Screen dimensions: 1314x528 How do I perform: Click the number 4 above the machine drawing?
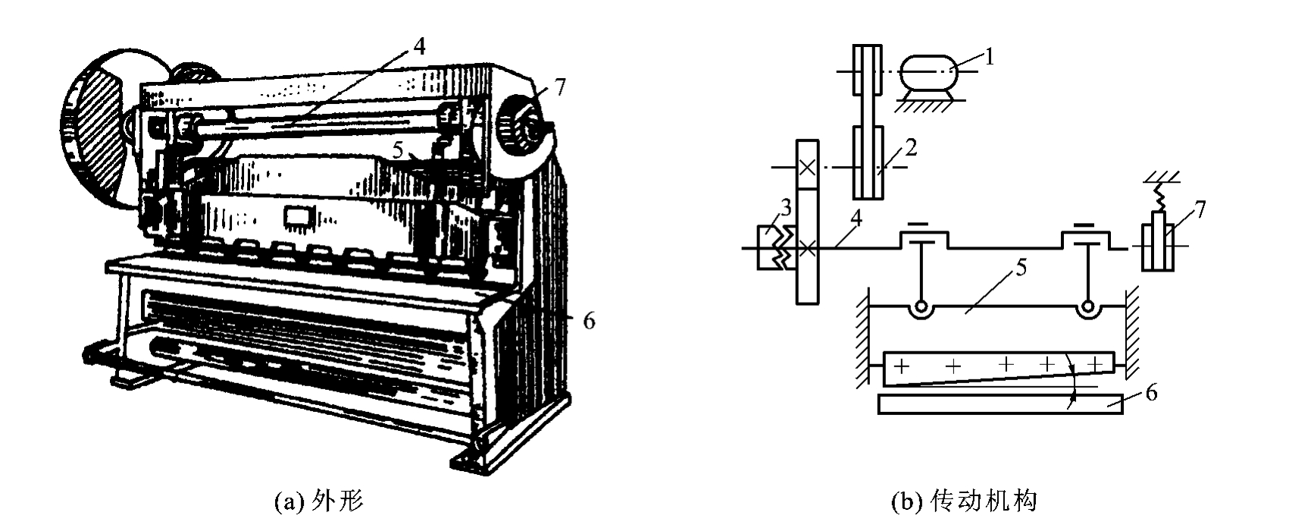(419, 46)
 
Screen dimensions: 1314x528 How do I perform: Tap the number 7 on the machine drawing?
(559, 88)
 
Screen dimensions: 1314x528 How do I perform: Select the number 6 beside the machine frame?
(588, 321)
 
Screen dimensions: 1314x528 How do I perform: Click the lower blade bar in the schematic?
(1000, 404)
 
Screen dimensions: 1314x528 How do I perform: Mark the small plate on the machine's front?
(299, 218)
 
